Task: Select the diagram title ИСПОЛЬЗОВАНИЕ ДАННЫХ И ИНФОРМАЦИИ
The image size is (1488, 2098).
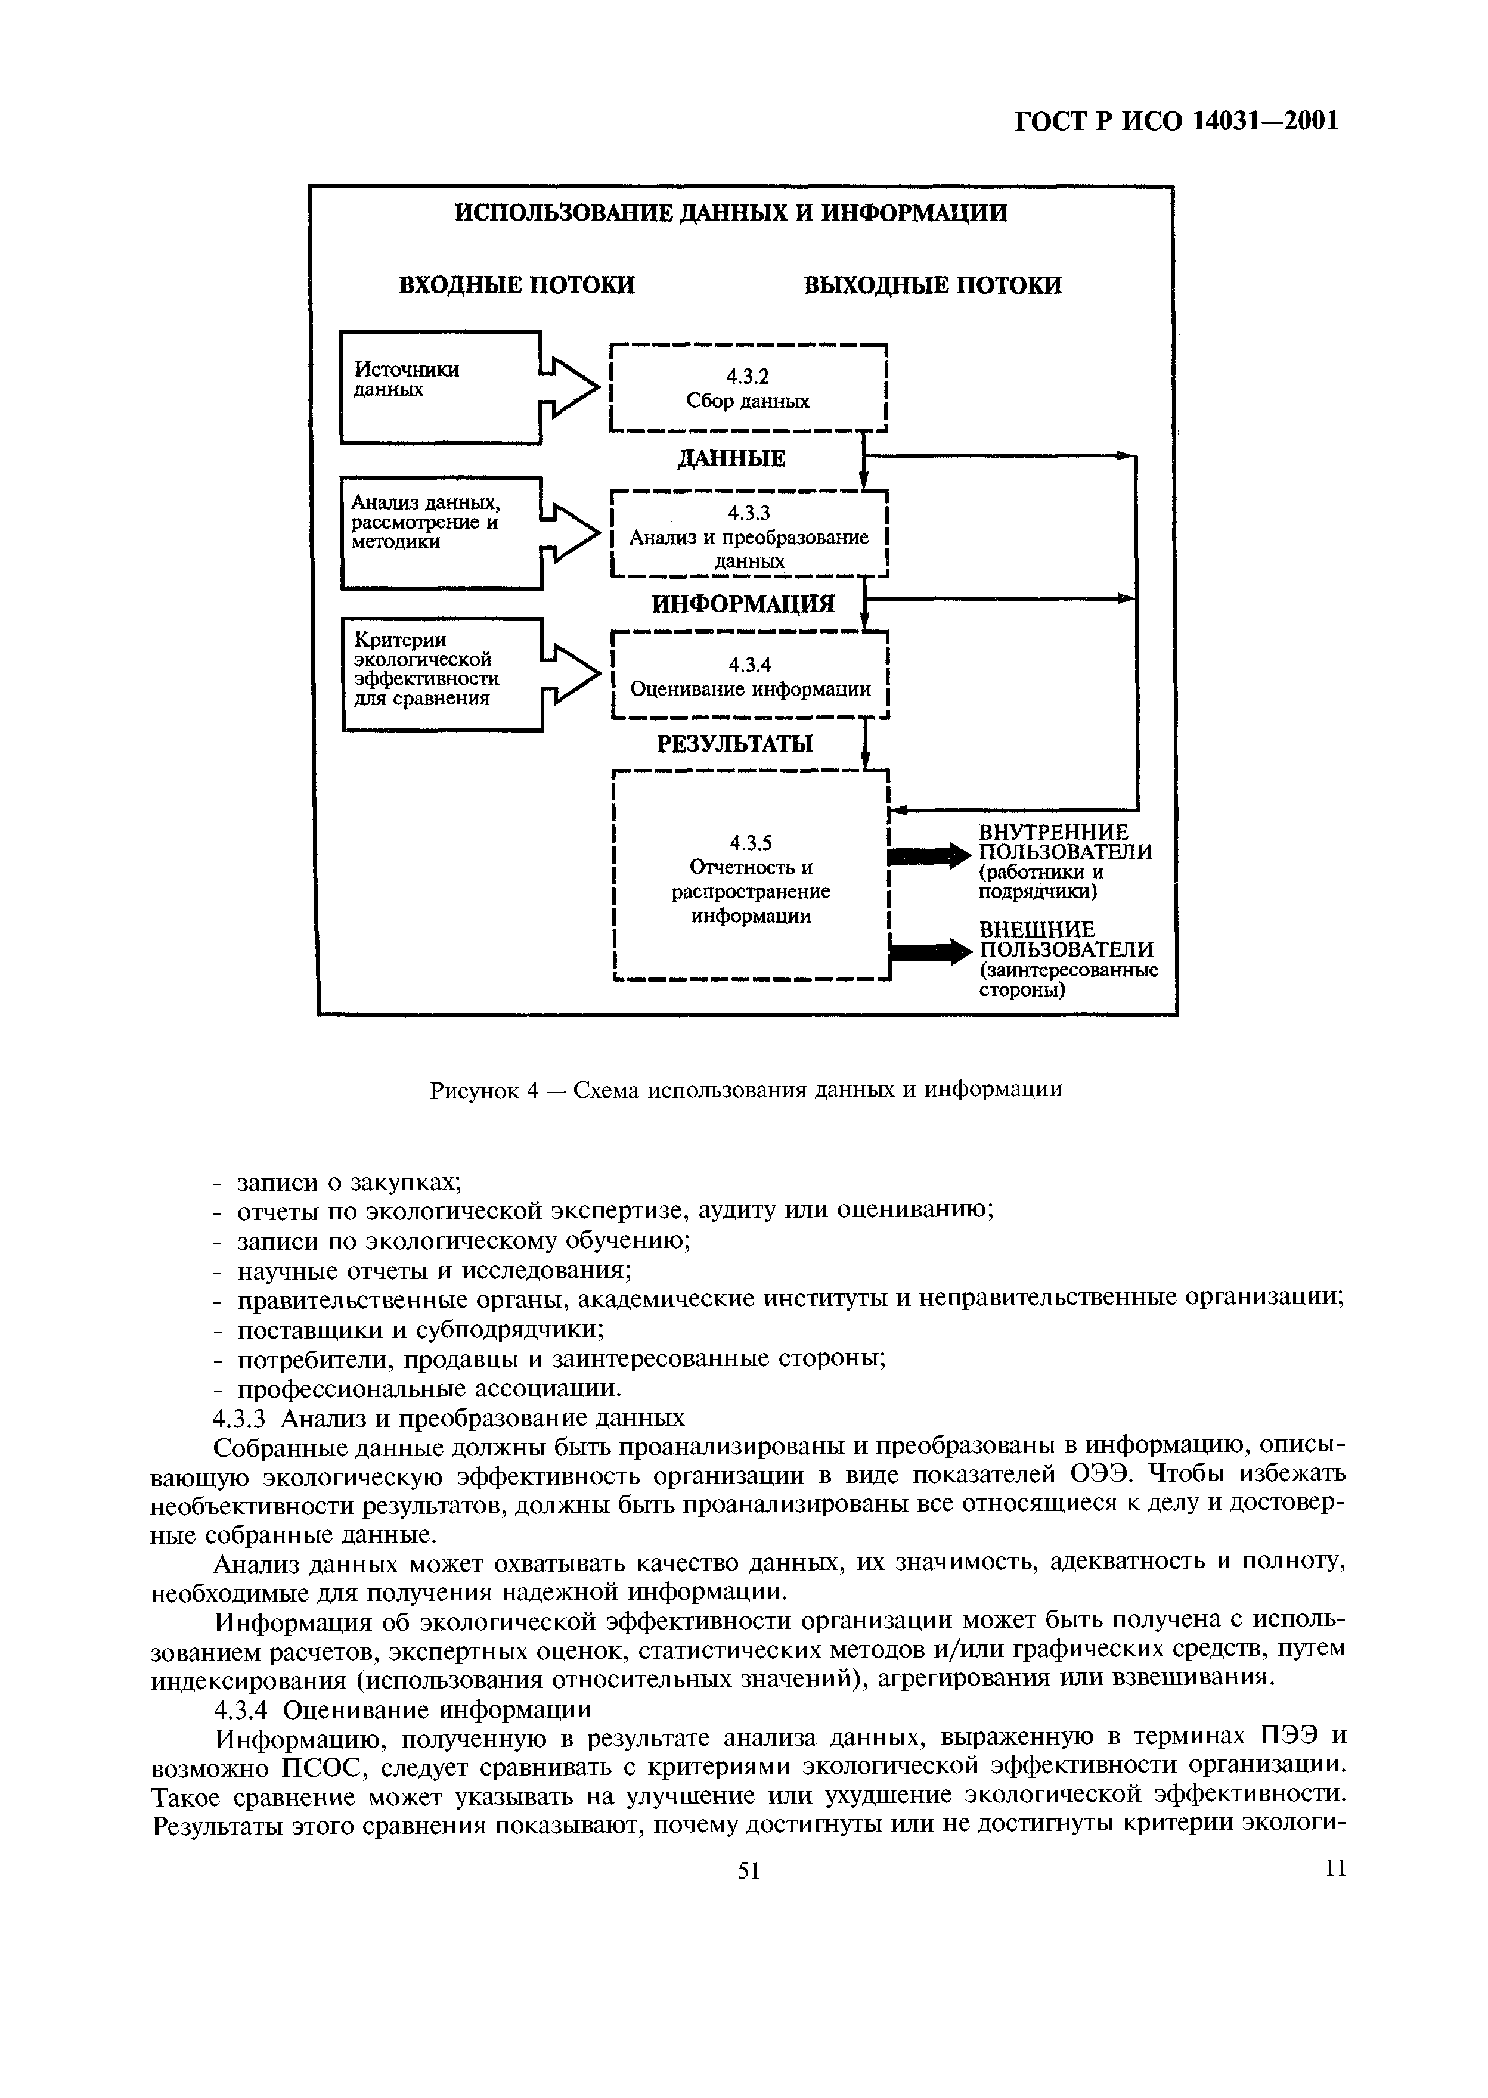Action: [731, 213]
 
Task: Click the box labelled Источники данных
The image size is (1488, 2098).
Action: [440, 387]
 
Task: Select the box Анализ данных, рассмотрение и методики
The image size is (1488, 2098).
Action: [440, 532]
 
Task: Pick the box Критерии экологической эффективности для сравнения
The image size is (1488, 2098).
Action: [442, 674]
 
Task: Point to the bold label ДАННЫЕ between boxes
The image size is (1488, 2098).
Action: [731, 458]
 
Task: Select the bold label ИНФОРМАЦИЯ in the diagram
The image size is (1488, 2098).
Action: [743, 604]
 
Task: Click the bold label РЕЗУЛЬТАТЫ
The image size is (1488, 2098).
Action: [735, 744]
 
